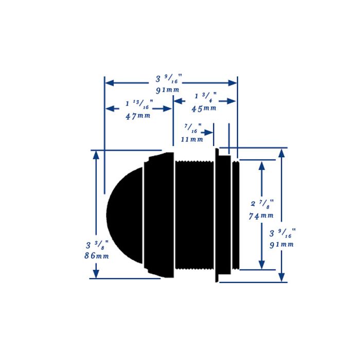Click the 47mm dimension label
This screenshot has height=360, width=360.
point(138,116)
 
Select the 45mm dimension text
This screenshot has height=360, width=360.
point(204,109)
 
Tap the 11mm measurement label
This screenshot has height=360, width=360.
point(192,139)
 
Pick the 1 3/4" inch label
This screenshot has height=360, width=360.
point(205,97)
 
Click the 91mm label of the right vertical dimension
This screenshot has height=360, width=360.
point(282,244)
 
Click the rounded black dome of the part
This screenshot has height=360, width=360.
point(123,215)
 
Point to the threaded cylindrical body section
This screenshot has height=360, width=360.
point(194,215)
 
